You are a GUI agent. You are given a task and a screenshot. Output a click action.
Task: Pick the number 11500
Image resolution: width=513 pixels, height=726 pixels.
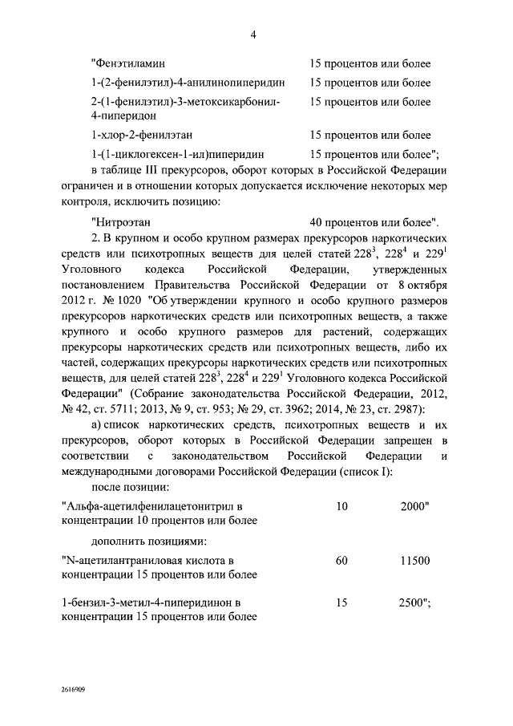[x=415, y=560]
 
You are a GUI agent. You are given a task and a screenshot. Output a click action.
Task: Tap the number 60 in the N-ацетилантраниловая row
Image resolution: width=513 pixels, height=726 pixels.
[x=342, y=560]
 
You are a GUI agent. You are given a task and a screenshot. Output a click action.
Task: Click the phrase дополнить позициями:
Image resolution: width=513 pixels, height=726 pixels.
[x=148, y=541]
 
